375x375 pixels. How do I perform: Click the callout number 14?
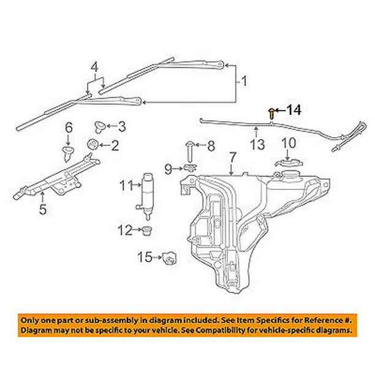(x=294, y=110)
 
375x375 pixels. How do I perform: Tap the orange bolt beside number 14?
(x=271, y=112)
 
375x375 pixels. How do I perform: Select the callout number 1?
(x=244, y=81)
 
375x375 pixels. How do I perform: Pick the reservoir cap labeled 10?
(x=287, y=164)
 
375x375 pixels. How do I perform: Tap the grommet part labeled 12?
(x=147, y=232)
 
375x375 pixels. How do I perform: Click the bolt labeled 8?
(x=189, y=150)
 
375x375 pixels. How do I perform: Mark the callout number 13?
(x=257, y=145)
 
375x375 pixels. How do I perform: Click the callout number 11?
(x=126, y=184)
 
